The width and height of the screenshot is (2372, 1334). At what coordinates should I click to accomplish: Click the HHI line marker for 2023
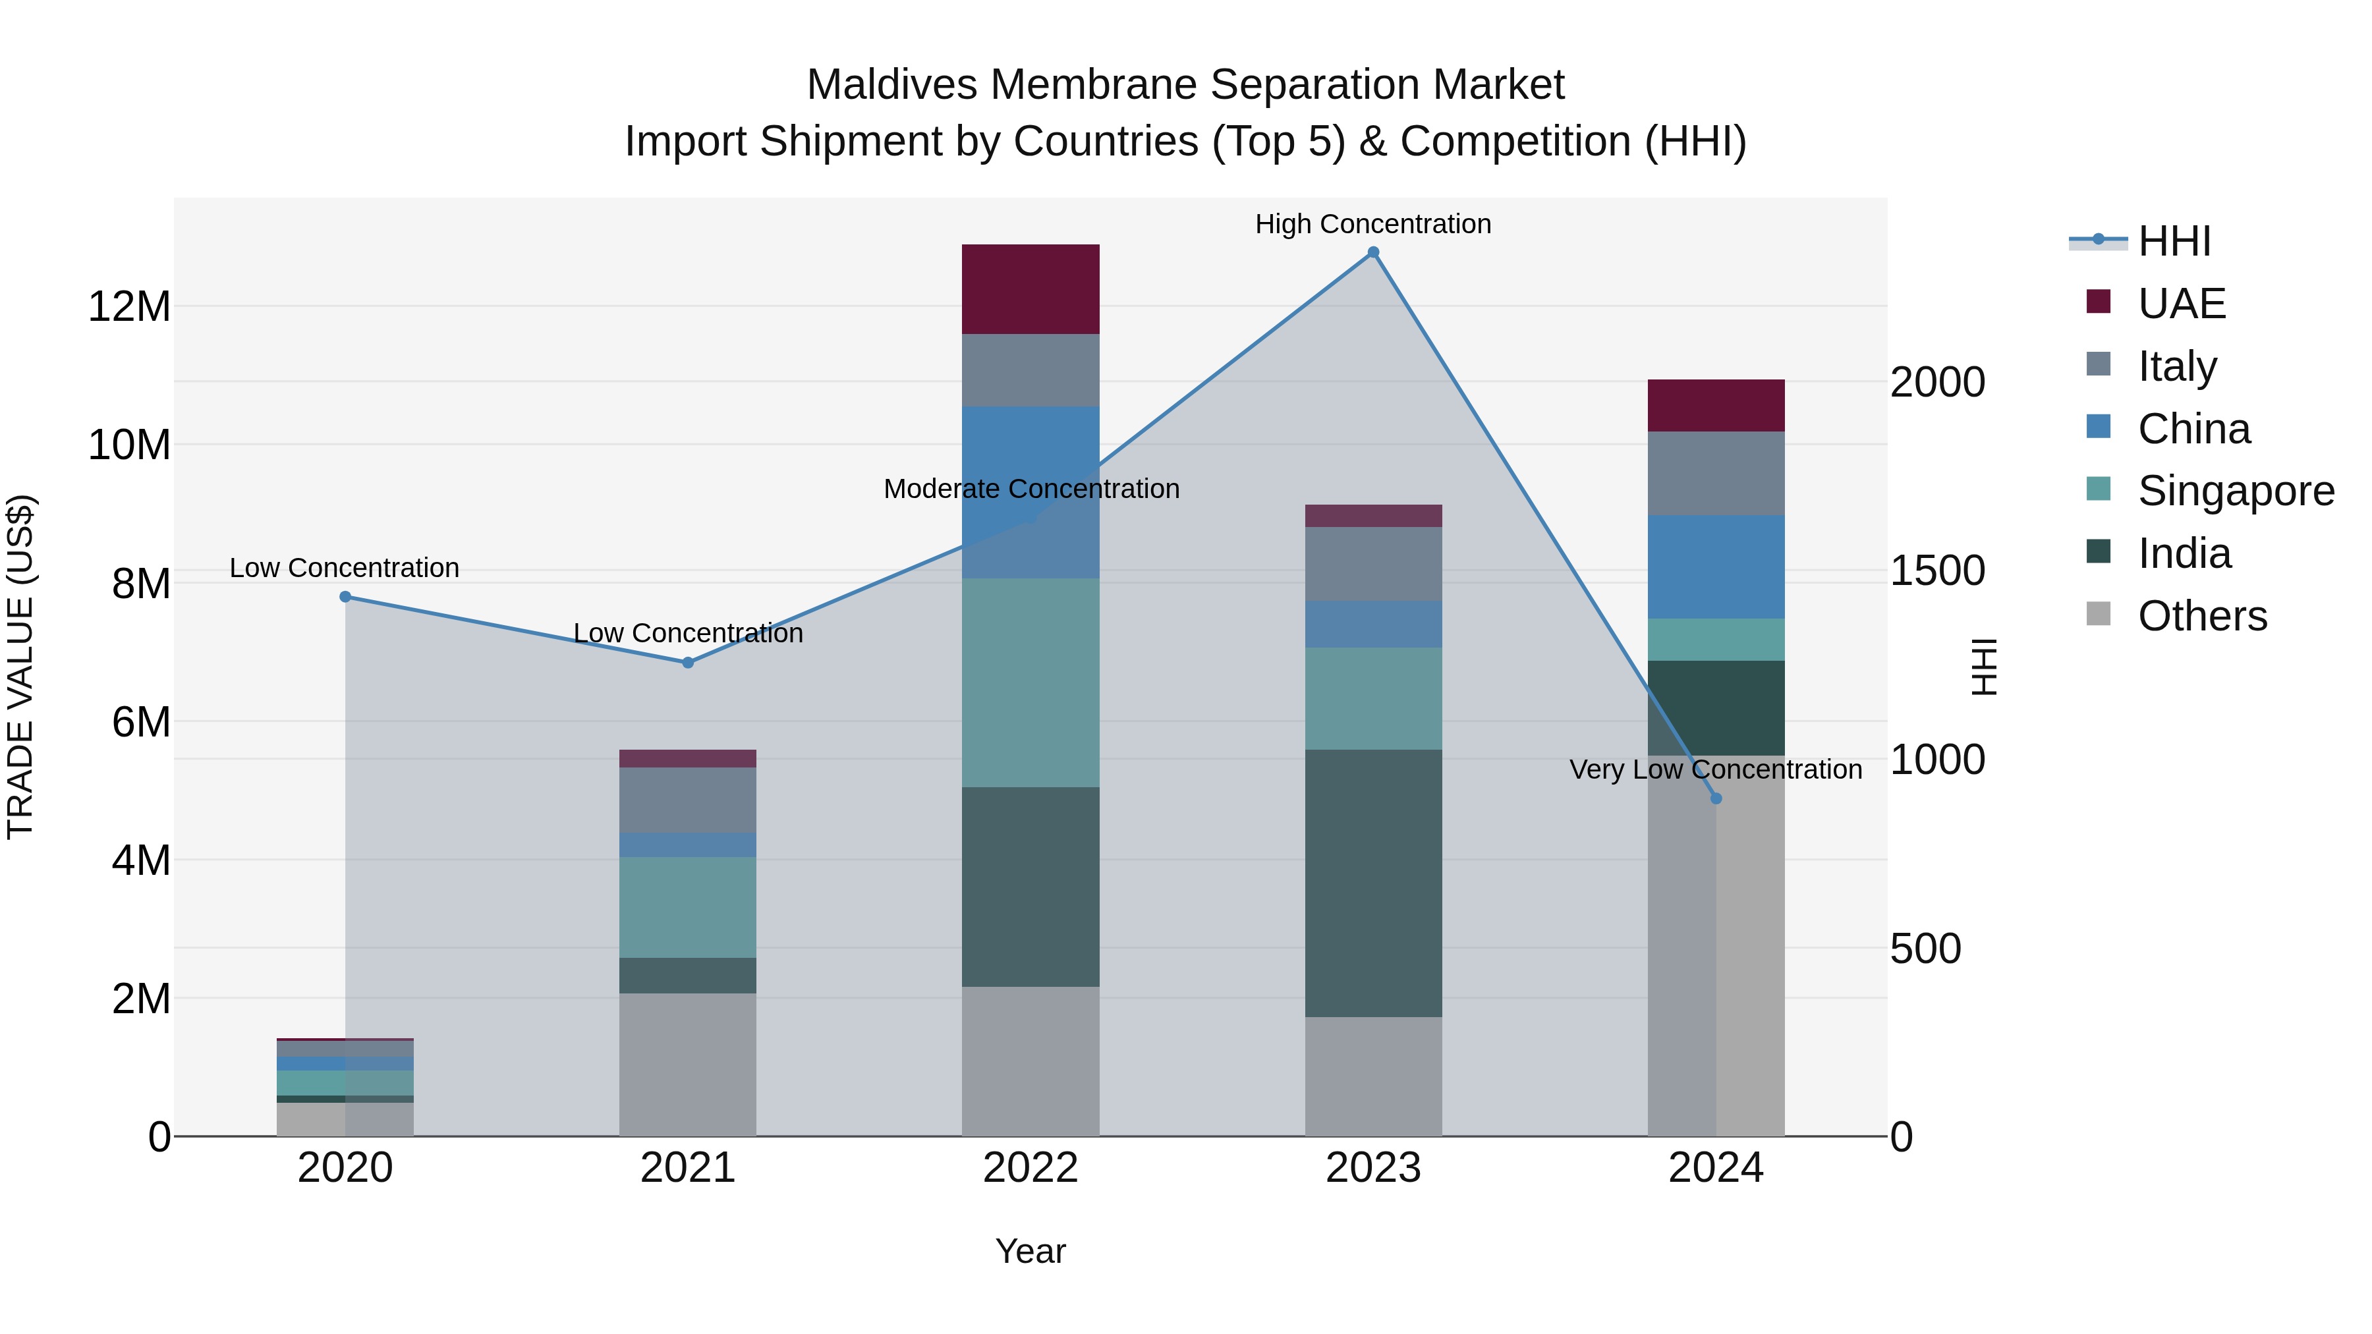coord(1373,252)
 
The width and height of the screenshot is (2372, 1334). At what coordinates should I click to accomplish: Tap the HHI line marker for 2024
coord(1716,798)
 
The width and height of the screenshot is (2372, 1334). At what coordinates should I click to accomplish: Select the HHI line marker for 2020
coord(345,597)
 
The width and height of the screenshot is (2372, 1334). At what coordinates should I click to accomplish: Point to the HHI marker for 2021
coord(688,663)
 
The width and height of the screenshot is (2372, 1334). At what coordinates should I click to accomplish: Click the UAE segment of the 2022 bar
coord(1031,289)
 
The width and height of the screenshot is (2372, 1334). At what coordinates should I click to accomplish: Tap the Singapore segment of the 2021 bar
coord(688,907)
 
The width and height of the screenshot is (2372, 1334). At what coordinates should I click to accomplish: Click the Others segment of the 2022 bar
coord(1031,1061)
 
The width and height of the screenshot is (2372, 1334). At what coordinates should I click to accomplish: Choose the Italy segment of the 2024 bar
coord(1716,473)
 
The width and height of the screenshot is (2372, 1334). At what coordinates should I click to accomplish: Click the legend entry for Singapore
coord(2236,491)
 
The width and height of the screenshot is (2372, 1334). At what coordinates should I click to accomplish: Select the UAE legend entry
coord(2182,304)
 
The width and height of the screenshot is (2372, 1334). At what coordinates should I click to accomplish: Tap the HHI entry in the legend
coord(2173,241)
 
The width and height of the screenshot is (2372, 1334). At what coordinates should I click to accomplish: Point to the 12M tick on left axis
coord(129,306)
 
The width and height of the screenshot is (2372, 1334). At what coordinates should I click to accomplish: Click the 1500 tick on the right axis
coord(1937,570)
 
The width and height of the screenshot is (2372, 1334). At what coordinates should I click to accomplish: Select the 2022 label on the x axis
coord(1031,1168)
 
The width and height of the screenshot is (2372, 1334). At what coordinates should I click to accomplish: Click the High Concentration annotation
coord(1373,224)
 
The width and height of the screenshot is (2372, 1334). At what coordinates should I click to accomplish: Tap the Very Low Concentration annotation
coord(1716,769)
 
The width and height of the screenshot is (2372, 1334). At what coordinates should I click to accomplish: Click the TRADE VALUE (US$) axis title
coord(20,667)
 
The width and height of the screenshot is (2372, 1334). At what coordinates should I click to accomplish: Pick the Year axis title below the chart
coord(1031,1251)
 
